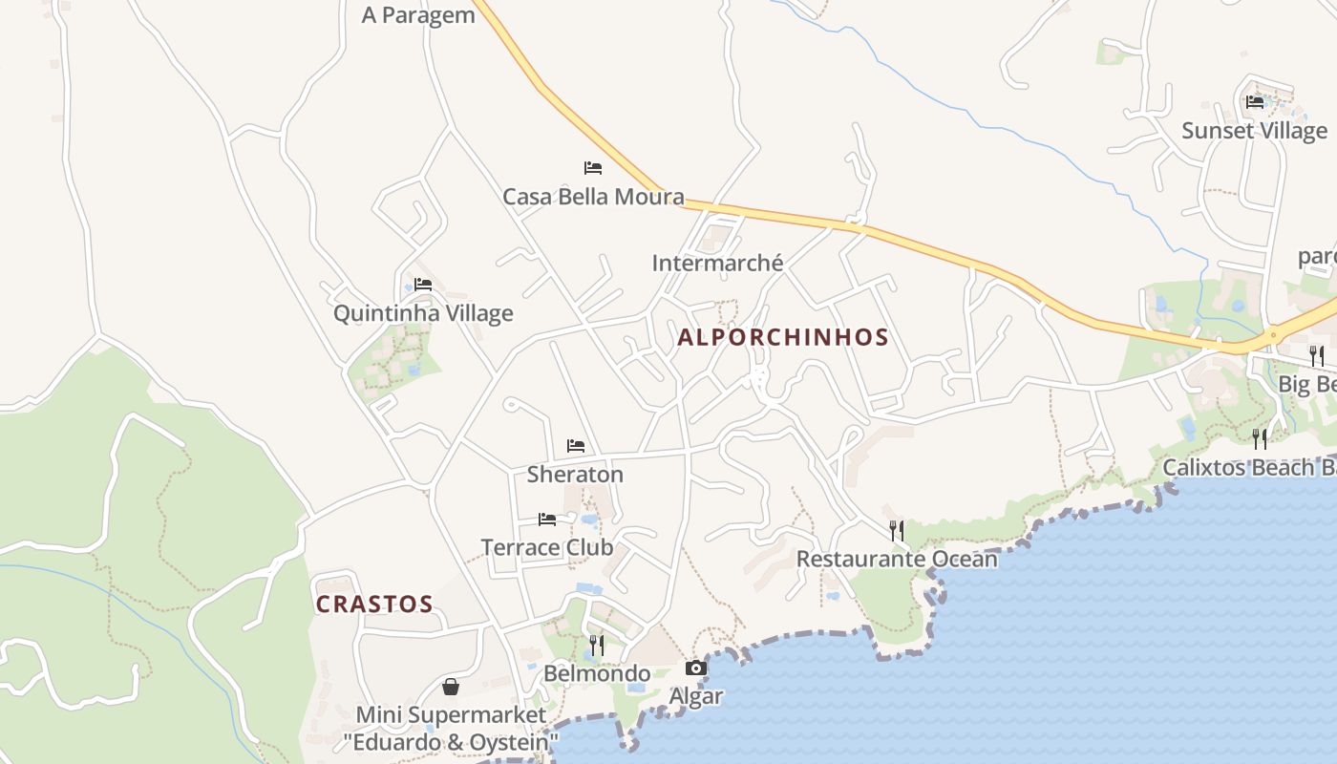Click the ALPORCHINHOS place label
click(783, 337)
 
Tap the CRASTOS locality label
click(374, 605)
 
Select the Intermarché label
click(717, 263)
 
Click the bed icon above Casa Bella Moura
click(593, 168)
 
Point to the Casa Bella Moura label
click(593, 197)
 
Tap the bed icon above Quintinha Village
click(423, 285)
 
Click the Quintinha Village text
click(423, 313)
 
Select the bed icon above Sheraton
click(576, 446)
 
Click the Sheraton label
click(575, 475)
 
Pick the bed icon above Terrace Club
click(547, 520)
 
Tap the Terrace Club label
click(547, 548)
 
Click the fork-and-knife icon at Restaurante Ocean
click(897, 530)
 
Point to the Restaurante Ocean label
click(897, 559)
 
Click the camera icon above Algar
click(696, 668)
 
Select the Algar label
click(696, 696)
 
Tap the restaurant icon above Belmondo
click(597, 646)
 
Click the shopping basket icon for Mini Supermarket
click(451, 687)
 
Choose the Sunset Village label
click(1254, 131)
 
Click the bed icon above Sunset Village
click(1255, 101)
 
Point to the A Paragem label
click(418, 15)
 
